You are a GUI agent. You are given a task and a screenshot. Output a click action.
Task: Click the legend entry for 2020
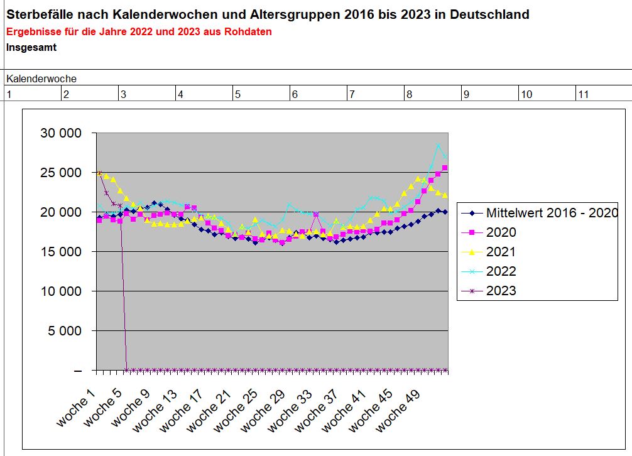point(501,232)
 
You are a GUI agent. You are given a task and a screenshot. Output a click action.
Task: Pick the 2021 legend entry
point(501,252)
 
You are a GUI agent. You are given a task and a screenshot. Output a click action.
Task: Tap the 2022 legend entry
point(501,271)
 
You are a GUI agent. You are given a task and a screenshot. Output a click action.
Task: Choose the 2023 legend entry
point(501,291)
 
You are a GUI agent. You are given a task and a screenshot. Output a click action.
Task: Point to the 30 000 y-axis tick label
point(60,133)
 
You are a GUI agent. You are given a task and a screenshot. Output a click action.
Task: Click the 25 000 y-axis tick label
point(60,173)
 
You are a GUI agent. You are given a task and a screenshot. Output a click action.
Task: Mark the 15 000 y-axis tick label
point(60,251)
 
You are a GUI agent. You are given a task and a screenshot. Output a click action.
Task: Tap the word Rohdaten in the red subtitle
point(249,31)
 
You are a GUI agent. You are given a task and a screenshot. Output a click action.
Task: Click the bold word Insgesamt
point(31,46)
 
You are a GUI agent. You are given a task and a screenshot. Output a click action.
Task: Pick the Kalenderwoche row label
point(41,79)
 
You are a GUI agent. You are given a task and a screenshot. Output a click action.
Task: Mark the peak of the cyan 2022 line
point(439,145)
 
